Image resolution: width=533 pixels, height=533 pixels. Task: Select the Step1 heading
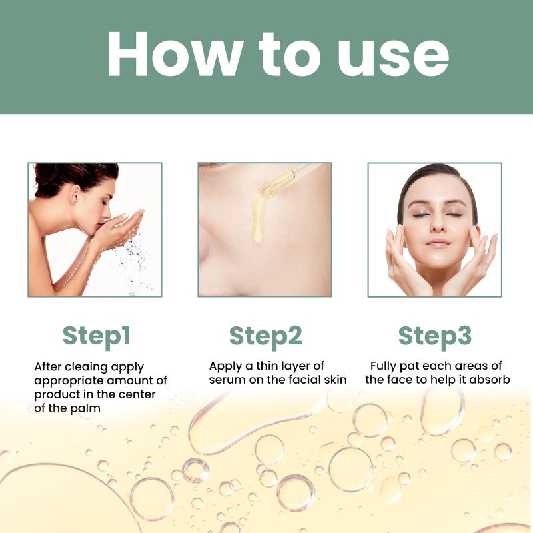click(97, 336)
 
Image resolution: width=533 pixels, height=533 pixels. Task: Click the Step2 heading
click(265, 336)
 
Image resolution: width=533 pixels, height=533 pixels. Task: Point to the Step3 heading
click(435, 336)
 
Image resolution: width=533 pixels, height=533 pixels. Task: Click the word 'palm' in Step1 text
click(86, 408)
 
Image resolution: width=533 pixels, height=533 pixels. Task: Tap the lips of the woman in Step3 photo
click(438, 243)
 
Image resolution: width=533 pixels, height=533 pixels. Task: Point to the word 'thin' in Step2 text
click(268, 366)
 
